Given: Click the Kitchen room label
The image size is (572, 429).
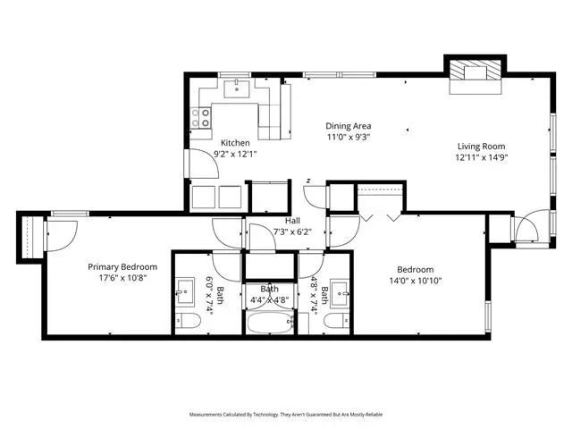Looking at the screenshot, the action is click(x=235, y=143).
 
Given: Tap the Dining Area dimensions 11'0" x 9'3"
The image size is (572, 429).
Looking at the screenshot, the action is click(x=349, y=138).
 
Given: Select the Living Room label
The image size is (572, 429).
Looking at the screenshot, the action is click(x=482, y=147).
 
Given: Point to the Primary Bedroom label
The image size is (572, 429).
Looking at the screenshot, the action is click(x=122, y=267).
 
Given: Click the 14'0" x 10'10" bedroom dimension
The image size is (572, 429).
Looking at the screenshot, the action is click(x=416, y=281).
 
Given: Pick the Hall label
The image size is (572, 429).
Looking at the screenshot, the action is click(x=292, y=221).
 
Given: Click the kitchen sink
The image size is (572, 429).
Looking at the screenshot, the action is click(x=236, y=89).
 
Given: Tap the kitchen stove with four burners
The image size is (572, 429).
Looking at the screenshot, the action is click(x=200, y=117).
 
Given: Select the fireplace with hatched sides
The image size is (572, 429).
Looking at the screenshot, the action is click(x=475, y=74).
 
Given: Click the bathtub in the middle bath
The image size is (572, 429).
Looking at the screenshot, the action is click(x=270, y=323).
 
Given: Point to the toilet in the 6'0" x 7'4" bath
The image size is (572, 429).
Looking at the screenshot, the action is click(x=188, y=321).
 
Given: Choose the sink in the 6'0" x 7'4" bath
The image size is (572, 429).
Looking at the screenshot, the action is click(x=185, y=291).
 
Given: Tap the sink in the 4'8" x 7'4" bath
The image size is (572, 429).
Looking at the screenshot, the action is click(x=340, y=292).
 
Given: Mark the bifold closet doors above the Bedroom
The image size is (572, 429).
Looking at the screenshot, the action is click(x=380, y=217).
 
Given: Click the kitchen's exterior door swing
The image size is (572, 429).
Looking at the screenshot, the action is click(x=204, y=164).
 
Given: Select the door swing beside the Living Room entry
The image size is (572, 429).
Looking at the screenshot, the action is click(x=526, y=226).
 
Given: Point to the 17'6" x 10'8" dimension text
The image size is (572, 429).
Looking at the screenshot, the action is click(x=122, y=278).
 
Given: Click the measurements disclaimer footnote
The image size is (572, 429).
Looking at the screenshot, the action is click(x=286, y=415).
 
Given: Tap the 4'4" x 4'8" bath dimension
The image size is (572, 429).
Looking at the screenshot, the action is click(x=270, y=300).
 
